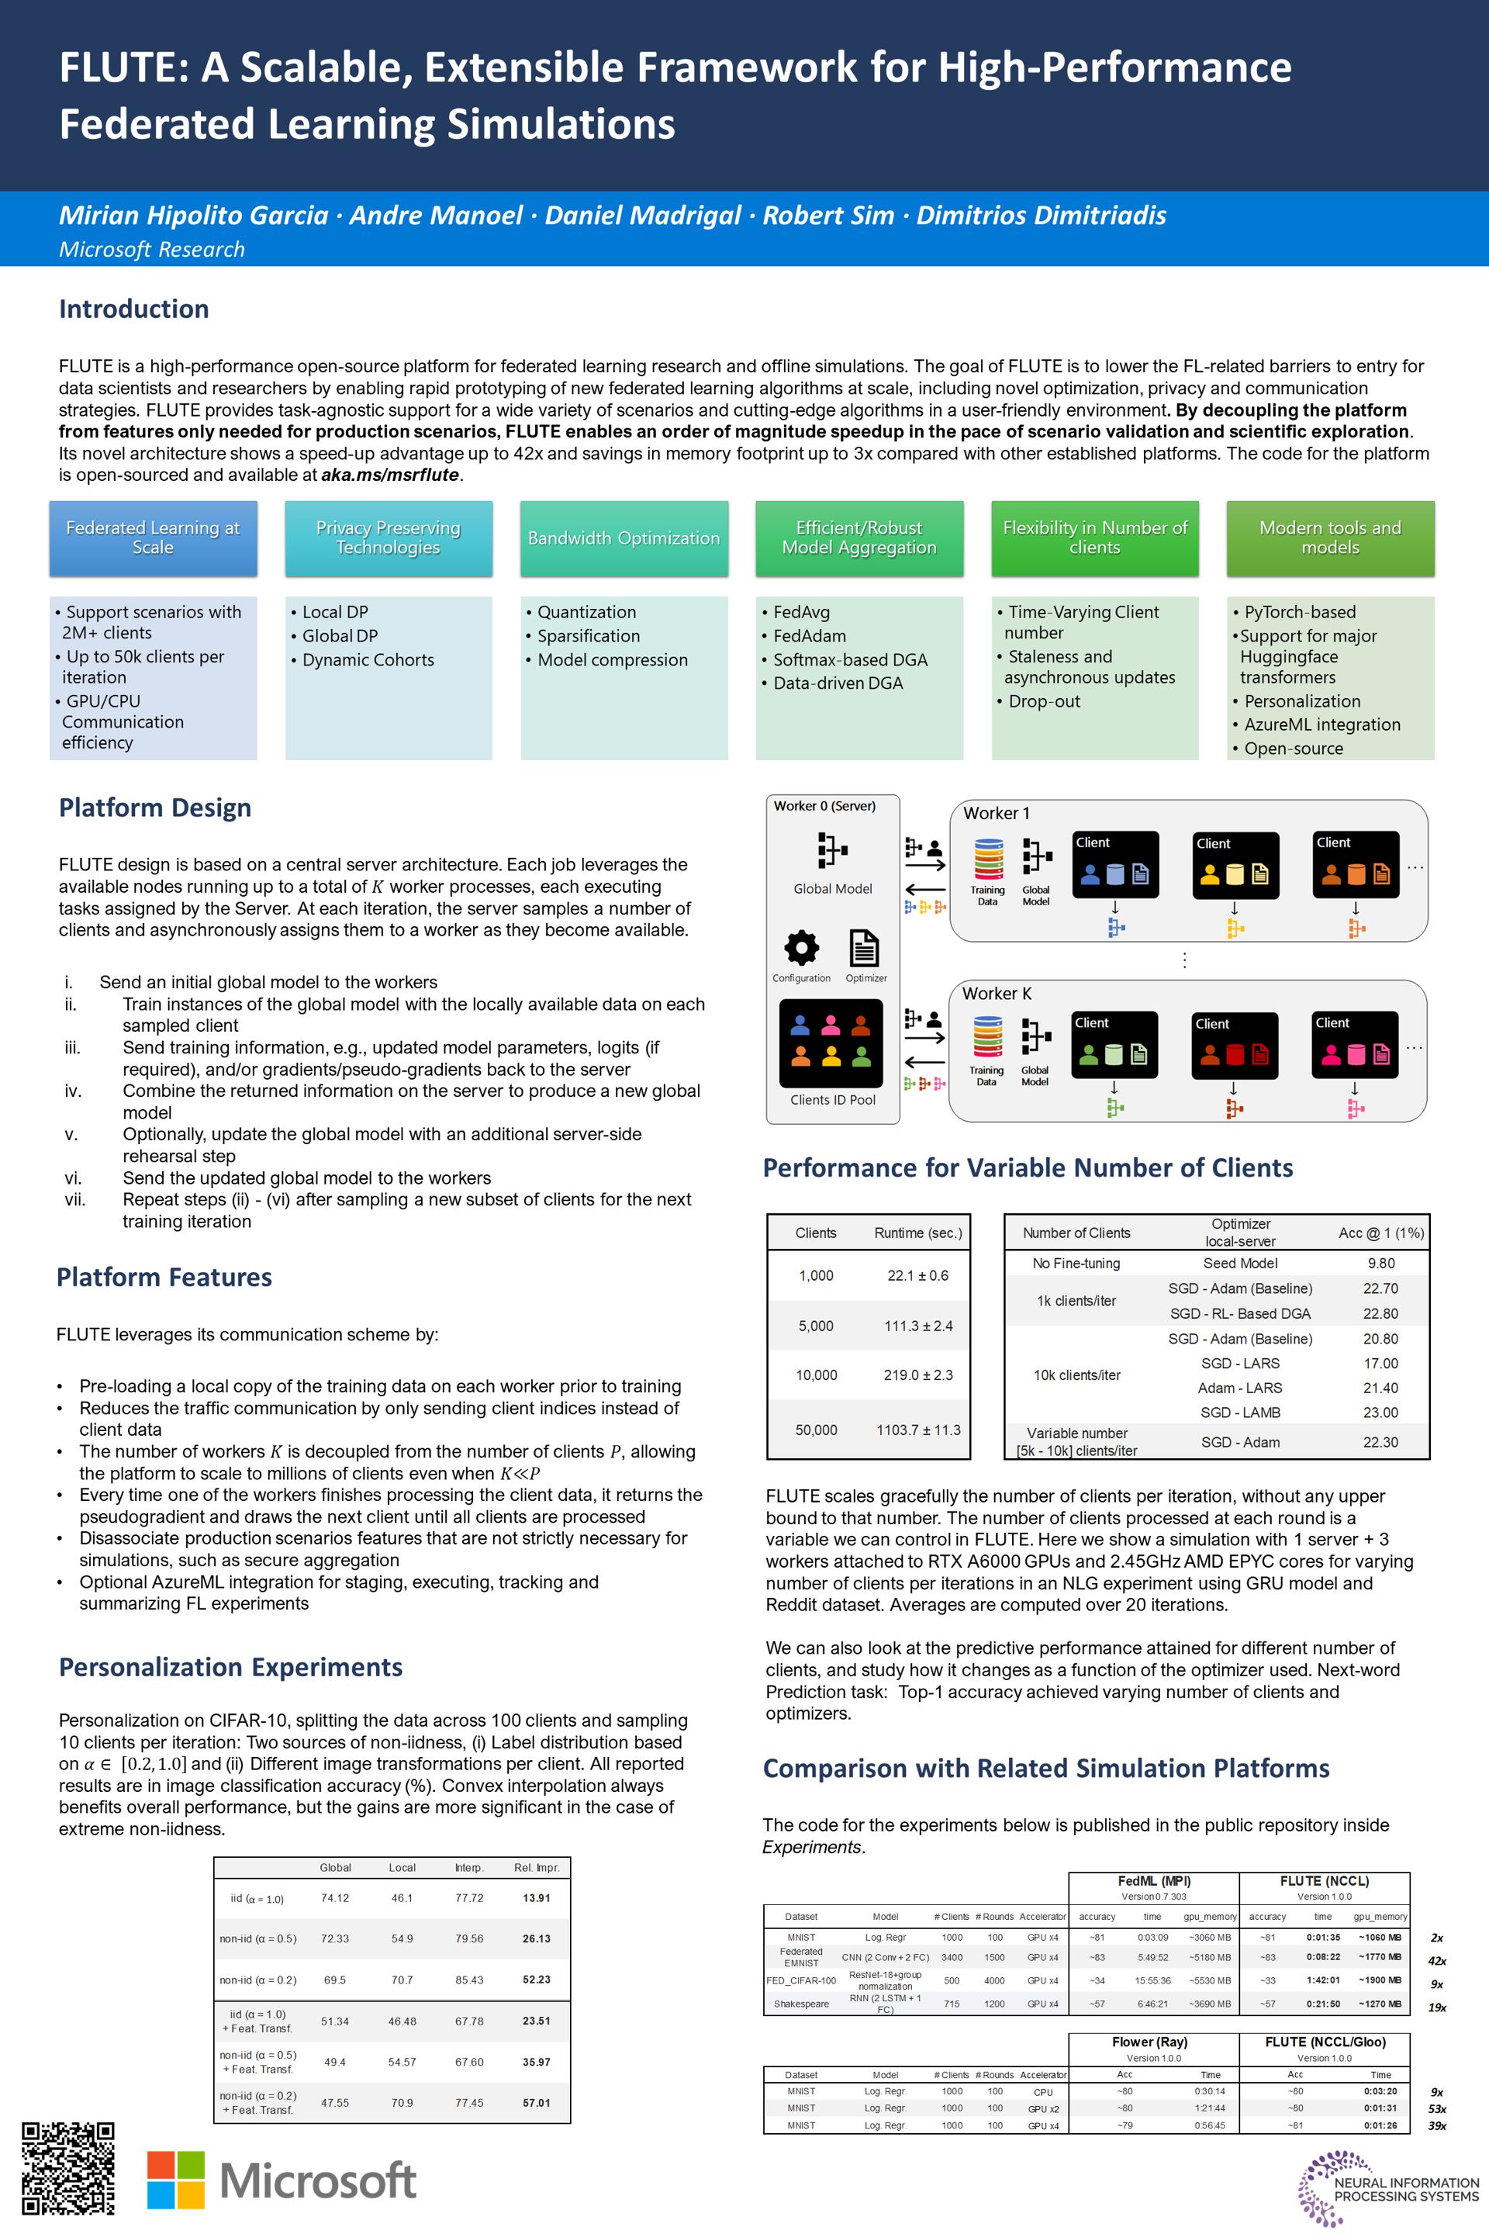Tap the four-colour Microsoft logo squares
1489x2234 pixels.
pos(176,2179)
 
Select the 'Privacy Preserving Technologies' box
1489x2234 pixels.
pos(389,538)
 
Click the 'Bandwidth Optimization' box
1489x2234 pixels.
pos(624,538)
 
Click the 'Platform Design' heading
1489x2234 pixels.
pos(155,807)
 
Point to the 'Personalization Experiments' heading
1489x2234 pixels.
pos(231,1667)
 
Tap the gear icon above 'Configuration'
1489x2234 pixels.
pos(801,947)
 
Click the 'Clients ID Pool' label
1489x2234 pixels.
pos(833,1100)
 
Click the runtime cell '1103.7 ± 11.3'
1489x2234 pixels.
pos(917,1430)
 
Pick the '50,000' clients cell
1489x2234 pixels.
pos(816,1430)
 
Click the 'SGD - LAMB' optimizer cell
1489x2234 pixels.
pos(1240,1413)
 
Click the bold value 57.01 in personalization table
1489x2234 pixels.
pos(537,2103)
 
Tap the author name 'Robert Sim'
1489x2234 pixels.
pos(828,216)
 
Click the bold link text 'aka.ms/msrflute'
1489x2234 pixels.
pos(389,475)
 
